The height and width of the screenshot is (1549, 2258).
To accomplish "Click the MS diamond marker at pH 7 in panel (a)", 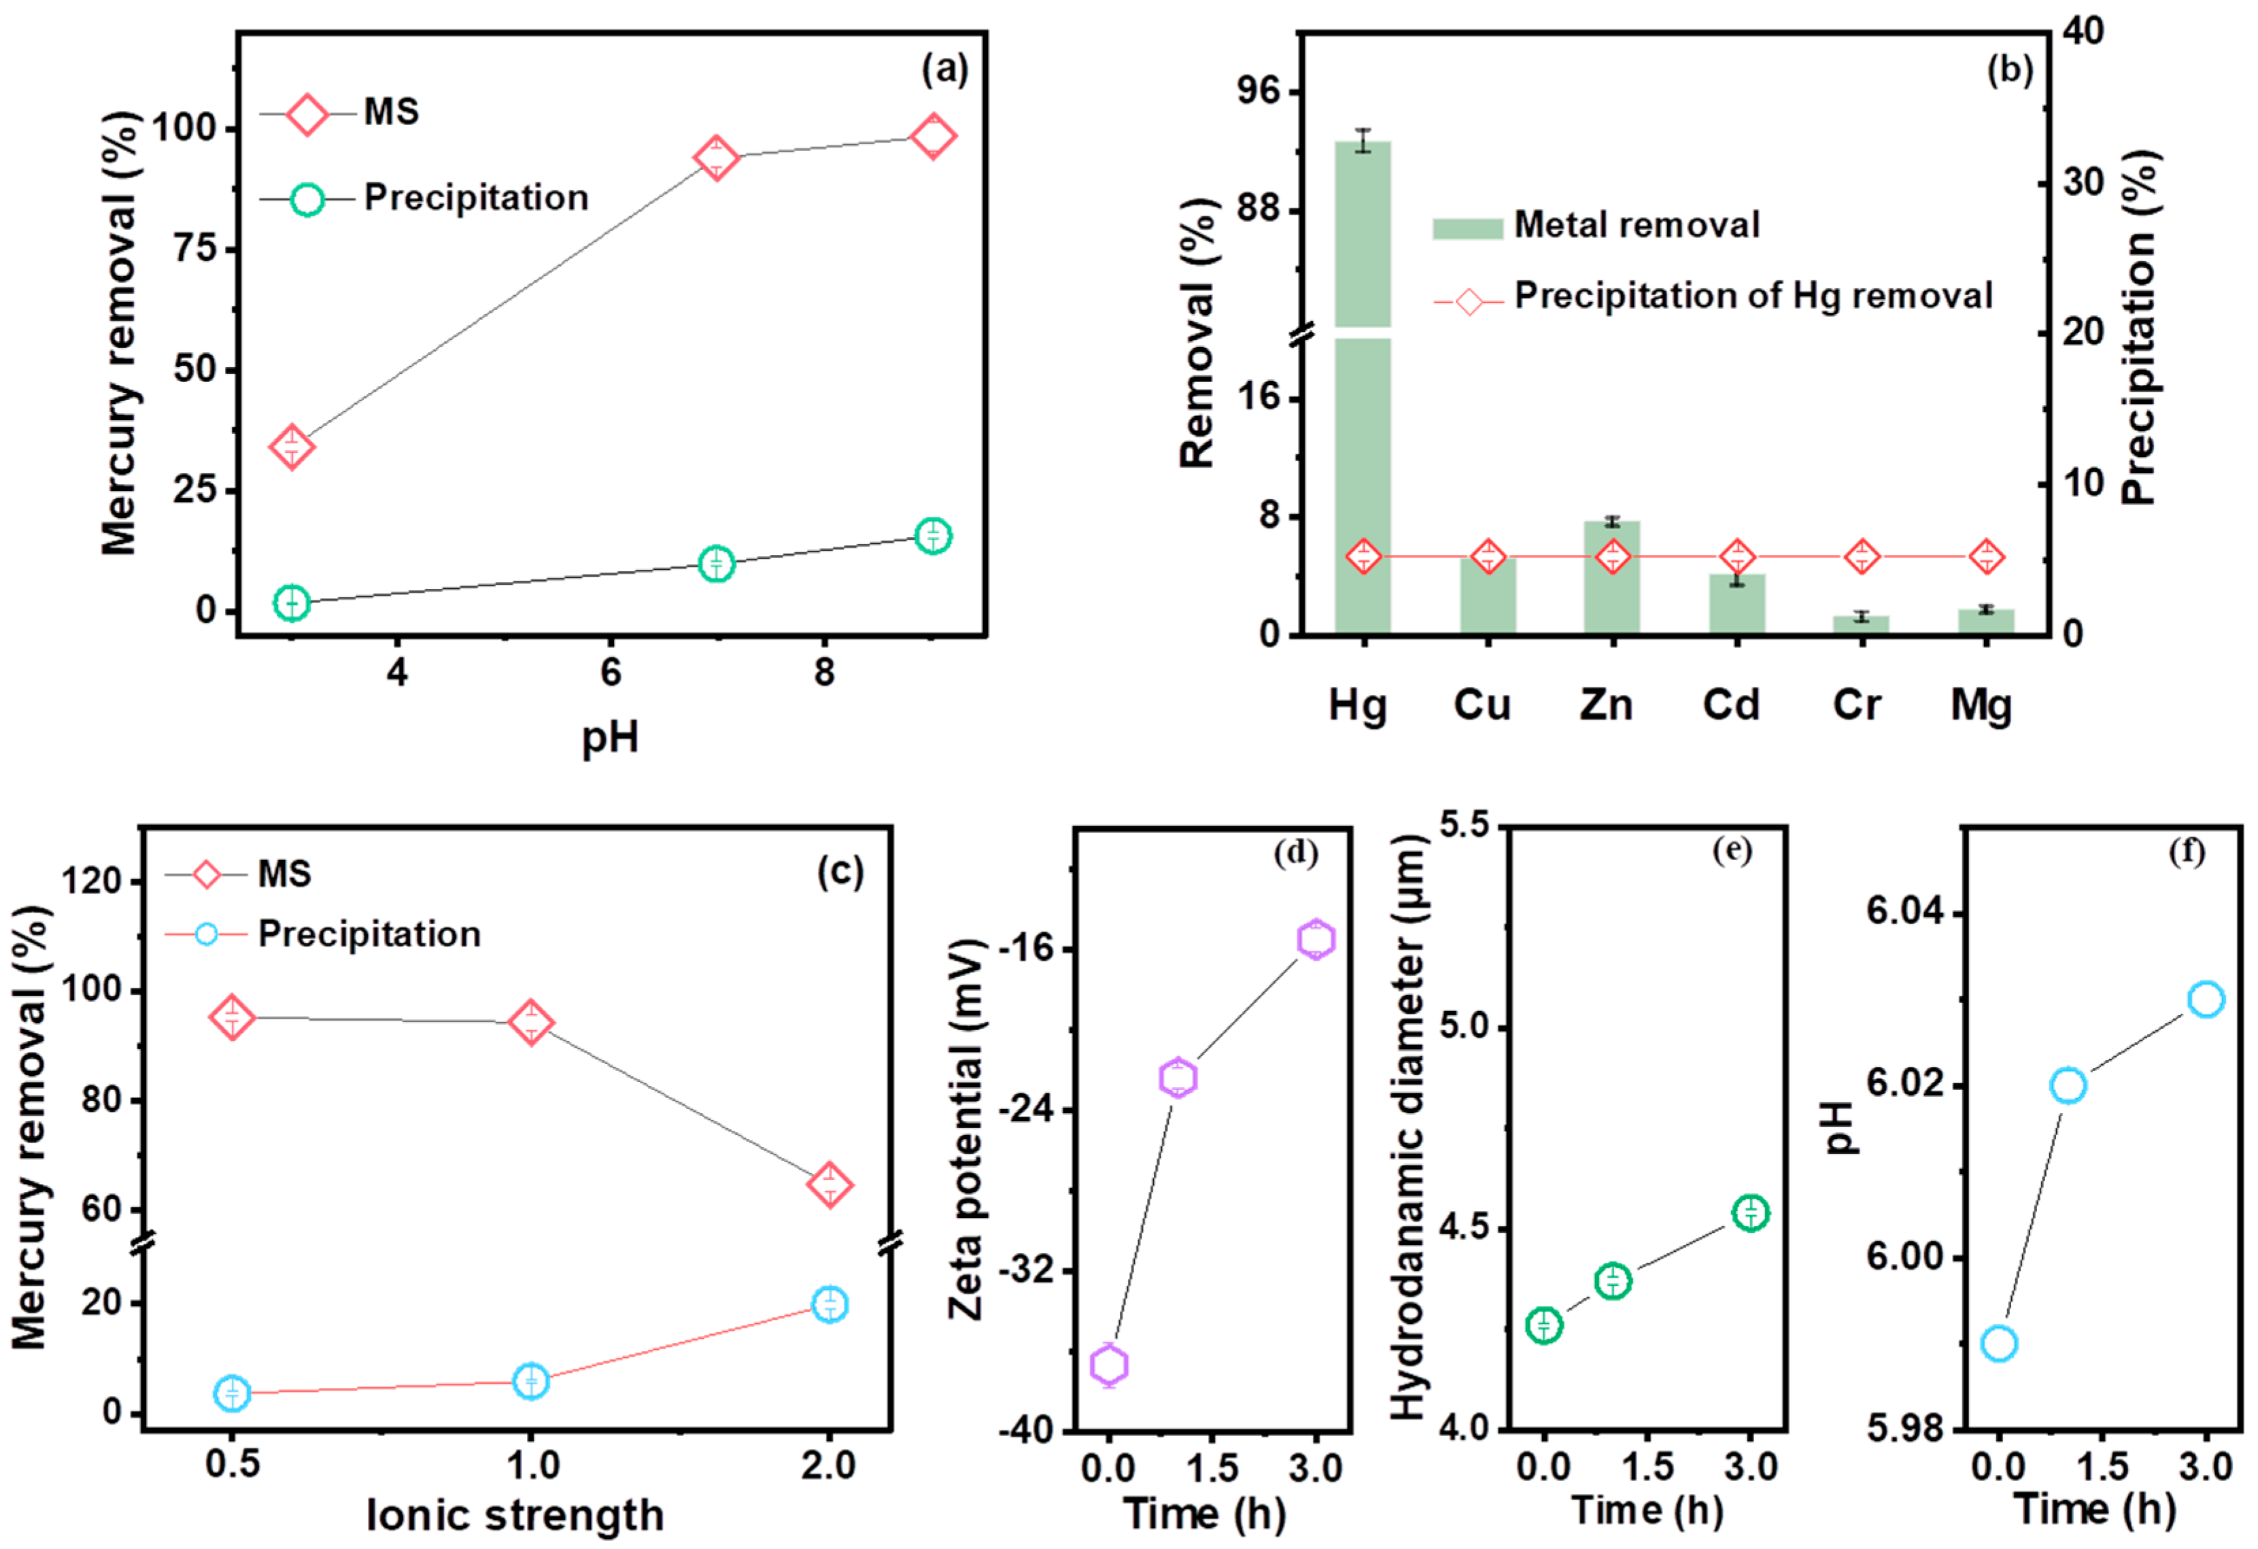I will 716,158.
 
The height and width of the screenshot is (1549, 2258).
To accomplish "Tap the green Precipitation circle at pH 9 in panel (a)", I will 933,535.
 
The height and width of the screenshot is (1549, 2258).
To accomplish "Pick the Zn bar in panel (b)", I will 1612,577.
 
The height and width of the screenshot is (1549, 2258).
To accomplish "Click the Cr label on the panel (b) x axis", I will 1857,704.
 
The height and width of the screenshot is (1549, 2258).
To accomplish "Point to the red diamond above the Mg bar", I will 1986,557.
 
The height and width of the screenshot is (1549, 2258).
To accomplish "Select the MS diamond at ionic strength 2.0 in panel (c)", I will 829,1185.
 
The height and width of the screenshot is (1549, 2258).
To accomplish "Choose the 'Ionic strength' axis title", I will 515,1515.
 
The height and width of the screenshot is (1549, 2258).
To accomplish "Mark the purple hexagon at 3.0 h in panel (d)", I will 1316,940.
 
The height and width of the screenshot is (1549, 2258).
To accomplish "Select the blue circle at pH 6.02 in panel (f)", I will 2068,1085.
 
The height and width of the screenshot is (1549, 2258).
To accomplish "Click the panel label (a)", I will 944,70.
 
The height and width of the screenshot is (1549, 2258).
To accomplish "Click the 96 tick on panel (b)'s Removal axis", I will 1259,91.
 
